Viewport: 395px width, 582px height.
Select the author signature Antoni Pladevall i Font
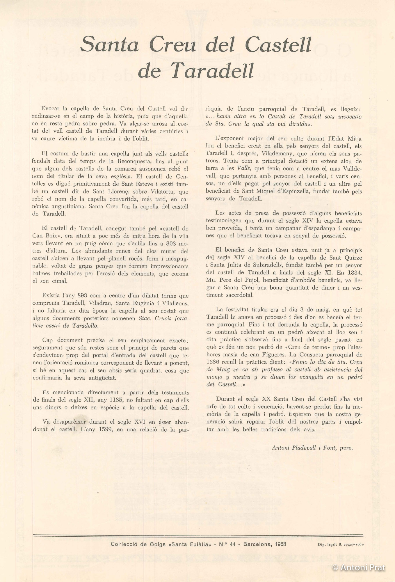pyautogui.click(x=312, y=448)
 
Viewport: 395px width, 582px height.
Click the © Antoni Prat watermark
pyautogui.click(x=359, y=567)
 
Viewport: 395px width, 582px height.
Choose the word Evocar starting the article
pyautogui.click(x=50, y=109)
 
